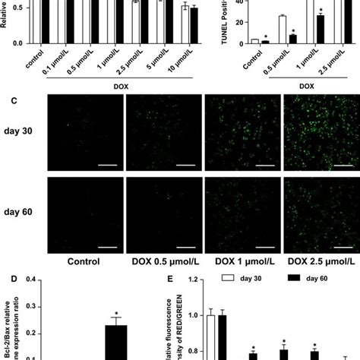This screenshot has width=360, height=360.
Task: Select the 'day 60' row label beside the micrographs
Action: coord(21,207)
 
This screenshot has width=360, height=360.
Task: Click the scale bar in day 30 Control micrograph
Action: coord(101,161)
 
